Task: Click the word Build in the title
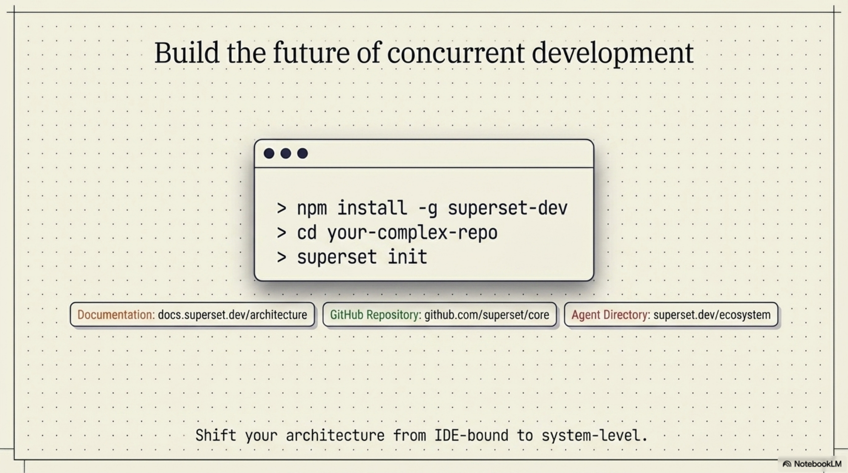tap(186, 53)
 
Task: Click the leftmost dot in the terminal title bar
tap(269, 154)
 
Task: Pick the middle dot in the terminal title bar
tap(286, 154)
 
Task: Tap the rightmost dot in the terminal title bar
tap(303, 154)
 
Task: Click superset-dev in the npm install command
tap(508, 208)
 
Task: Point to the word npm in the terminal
tap(312, 208)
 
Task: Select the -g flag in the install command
tap(427, 208)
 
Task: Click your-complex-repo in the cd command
tap(412, 233)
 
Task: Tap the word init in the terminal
tap(407, 257)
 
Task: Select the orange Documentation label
tap(116, 315)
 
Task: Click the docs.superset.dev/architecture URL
tap(233, 315)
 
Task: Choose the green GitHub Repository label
tap(375, 315)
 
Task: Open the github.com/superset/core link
tap(487, 315)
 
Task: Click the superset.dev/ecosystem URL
tap(712, 315)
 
